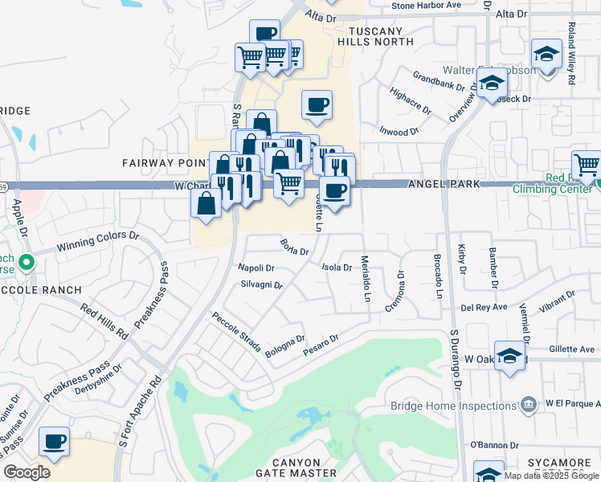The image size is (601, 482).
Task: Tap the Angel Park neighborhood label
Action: coord(444,184)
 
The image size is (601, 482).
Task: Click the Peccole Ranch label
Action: coord(41,289)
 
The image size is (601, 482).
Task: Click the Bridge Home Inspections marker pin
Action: coord(529,403)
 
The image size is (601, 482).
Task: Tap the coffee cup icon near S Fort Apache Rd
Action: coord(55,441)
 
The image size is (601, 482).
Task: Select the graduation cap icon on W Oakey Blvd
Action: coord(510,357)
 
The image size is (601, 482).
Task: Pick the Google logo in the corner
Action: coord(27,472)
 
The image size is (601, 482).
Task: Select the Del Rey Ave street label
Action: coord(484,307)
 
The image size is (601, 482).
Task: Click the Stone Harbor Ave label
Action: coord(426,6)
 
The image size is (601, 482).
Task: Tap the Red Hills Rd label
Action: coord(105,320)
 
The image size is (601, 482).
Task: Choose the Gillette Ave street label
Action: coord(573,349)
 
